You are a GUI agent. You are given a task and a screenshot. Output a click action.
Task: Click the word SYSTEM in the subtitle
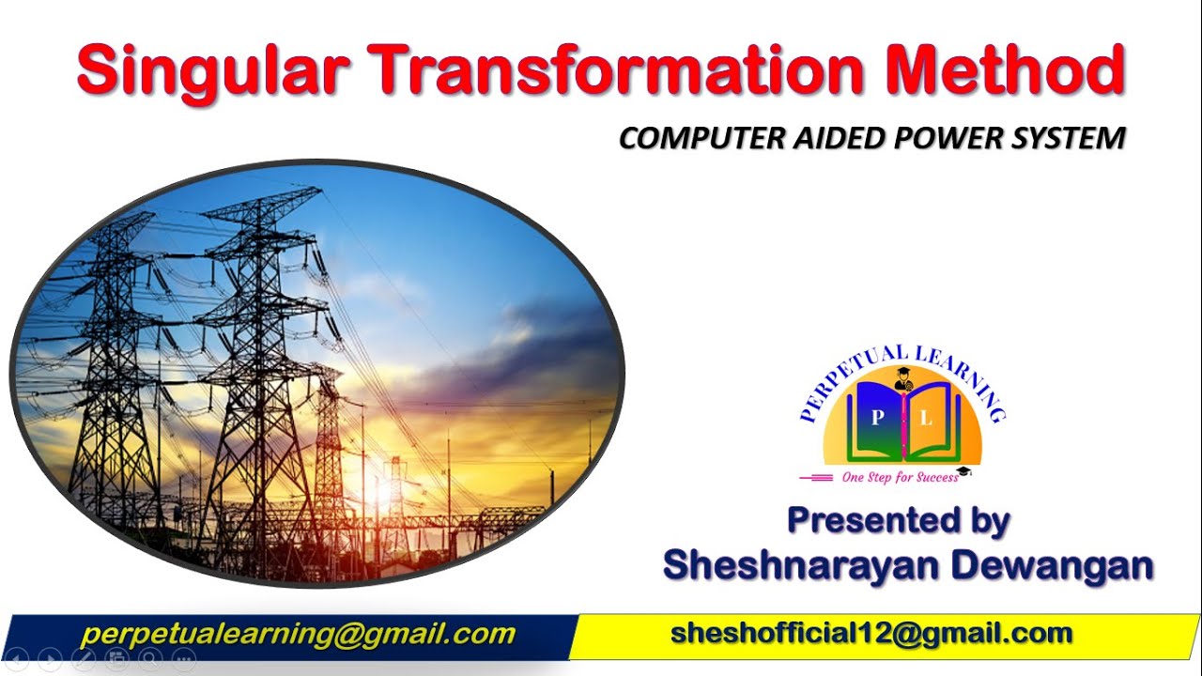click(x=1070, y=139)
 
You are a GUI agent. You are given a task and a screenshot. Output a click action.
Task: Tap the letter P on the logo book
click(x=875, y=420)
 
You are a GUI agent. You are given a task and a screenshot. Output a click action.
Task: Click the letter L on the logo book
click(x=927, y=420)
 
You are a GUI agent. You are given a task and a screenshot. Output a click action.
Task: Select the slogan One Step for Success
click(x=900, y=477)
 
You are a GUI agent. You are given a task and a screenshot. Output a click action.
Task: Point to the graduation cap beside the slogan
click(x=964, y=471)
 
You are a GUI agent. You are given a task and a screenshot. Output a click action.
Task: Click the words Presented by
click(x=899, y=520)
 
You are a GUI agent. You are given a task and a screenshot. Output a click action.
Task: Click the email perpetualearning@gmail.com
click(x=298, y=635)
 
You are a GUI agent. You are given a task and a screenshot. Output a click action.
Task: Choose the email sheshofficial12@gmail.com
click(x=871, y=634)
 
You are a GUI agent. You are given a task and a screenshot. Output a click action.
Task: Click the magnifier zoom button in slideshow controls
click(x=149, y=660)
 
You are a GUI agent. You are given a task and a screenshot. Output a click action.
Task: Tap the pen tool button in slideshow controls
click(x=83, y=660)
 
